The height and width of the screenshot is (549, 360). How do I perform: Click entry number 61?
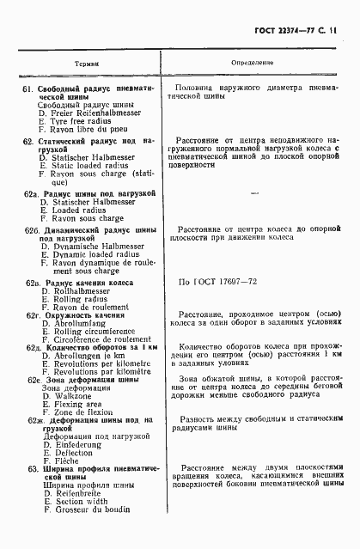27,89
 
